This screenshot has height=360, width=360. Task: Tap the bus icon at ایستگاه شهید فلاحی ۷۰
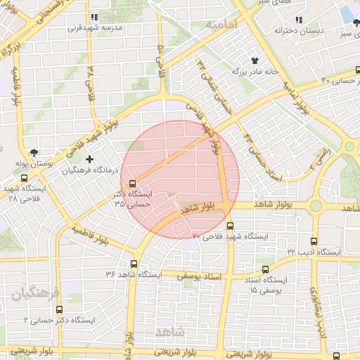click(x=231, y=226)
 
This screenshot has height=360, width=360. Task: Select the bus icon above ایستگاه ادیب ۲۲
click(x=314, y=241)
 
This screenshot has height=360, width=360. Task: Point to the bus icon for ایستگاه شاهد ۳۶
click(x=134, y=264)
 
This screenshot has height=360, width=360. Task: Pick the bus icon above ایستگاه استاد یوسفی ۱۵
click(x=265, y=269)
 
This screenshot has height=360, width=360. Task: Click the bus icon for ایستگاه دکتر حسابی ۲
click(x=59, y=309)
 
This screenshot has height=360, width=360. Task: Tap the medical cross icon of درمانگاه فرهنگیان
click(x=89, y=160)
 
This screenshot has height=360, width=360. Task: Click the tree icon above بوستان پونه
click(x=34, y=153)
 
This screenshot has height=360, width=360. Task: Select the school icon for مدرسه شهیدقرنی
click(x=94, y=18)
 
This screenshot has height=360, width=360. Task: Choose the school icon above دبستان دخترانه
click(x=299, y=20)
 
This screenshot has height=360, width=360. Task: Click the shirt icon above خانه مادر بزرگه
click(x=254, y=60)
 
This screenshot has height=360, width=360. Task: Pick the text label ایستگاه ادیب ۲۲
click(x=314, y=251)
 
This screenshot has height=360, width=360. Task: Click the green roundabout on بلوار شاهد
click(x=315, y=205)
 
